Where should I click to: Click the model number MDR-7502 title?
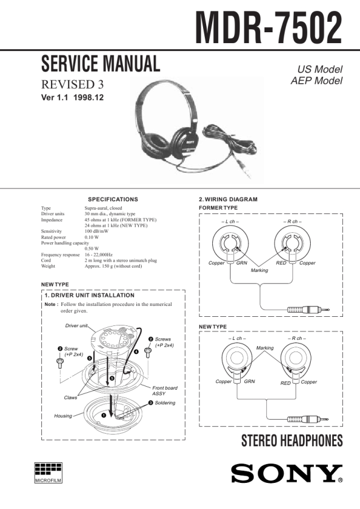[268, 28]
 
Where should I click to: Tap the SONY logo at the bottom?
[287, 474]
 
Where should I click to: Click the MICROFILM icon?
[48, 473]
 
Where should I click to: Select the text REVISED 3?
[72, 85]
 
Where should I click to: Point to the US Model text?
[320, 69]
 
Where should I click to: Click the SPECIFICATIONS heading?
[113, 199]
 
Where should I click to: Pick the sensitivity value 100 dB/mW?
[97, 231]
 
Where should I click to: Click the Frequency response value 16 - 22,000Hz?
[99, 255]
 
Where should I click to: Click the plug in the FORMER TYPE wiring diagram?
[308, 310]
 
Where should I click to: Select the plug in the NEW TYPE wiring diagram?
[308, 419]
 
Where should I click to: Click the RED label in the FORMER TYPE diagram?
[281, 263]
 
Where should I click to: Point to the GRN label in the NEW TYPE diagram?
[249, 381]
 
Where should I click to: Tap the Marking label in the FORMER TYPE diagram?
[260, 270]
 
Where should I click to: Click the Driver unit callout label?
[76, 325]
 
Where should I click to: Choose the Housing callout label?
[63, 416]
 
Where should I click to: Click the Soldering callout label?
[165, 403]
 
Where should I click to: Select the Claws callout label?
[71, 398]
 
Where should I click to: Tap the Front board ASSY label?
[165, 390]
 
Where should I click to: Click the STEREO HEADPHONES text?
[292, 440]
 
